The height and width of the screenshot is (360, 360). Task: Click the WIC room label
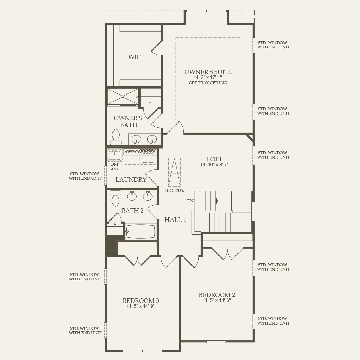(x=135, y=57)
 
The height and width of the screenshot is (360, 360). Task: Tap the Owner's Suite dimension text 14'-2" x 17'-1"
(x=208, y=78)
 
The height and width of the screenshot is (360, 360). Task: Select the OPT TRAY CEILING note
(x=208, y=83)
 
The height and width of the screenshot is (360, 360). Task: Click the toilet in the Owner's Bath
(x=116, y=137)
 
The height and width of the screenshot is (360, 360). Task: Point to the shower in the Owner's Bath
(x=123, y=97)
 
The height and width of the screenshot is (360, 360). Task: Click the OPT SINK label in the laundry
(x=114, y=167)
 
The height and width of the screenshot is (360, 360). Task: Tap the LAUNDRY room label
(x=131, y=180)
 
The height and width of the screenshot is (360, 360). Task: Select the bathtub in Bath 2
(x=141, y=231)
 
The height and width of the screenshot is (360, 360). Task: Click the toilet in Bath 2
(x=116, y=198)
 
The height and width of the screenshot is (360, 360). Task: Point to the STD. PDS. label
(x=175, y=191)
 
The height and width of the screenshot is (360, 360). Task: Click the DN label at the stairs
(x=190, y=201)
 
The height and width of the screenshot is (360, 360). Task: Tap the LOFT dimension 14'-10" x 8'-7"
(x=215, y=165)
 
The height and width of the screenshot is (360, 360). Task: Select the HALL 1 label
(x=175, y=220)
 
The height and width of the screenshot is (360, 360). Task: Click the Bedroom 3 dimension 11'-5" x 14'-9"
(x=141, y=306)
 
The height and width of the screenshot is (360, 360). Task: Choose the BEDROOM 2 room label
(x=217, y=295)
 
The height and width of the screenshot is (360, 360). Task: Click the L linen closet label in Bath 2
(x=115, y=223)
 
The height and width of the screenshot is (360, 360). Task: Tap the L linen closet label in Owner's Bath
(x=150, y=104)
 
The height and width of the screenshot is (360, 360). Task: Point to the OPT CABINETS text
(x=141, y=152)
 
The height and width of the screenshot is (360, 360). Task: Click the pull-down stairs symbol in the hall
(x=174, y=172)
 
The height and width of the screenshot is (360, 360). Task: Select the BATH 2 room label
(x=132, y=211)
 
